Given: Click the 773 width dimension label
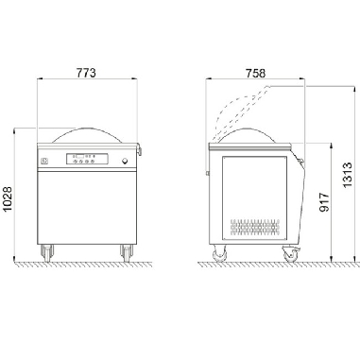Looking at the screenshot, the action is point(86,73).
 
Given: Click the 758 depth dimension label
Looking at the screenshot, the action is point(255,74).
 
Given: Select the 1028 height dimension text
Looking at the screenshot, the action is point(7,198).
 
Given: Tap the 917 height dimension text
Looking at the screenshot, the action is point(324,202).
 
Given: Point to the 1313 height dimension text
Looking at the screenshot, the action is point(348,175).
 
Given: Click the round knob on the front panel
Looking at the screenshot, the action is point(125,162).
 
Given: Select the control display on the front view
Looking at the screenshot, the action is point(87,159).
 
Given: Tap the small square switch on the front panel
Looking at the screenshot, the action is point(44,162).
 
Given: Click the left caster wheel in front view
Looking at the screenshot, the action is point(47,253).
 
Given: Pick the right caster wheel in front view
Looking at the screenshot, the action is point(127,253).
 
